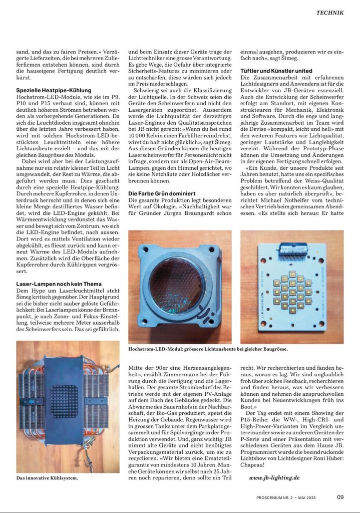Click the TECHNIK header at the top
click(329, 13)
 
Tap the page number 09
click(340, 497)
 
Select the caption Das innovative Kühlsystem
click(47, 478)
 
